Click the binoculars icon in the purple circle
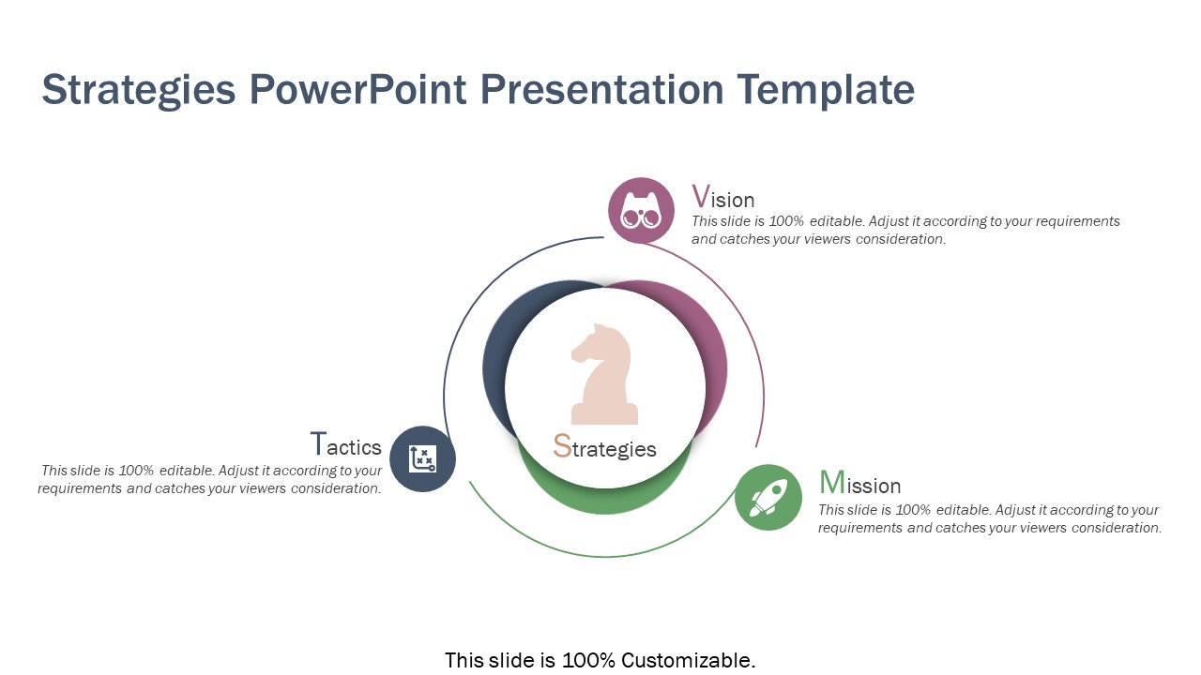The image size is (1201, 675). point(641,211)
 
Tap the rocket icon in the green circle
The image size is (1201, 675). point(768,498)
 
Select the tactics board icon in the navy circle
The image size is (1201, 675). point(422,459)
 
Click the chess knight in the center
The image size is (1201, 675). point(604,375)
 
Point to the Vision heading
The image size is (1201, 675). point(722,198)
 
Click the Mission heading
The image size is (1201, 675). point(859,484)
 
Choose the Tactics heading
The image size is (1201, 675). point(345,445)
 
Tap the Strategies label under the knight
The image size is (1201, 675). point(604,448)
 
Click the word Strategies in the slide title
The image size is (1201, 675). point(139,90)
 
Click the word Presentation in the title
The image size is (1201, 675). point(601,90)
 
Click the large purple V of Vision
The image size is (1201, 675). point(700,197)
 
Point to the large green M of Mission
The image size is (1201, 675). point(831,483)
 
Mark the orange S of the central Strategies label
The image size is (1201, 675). point(562,446)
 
